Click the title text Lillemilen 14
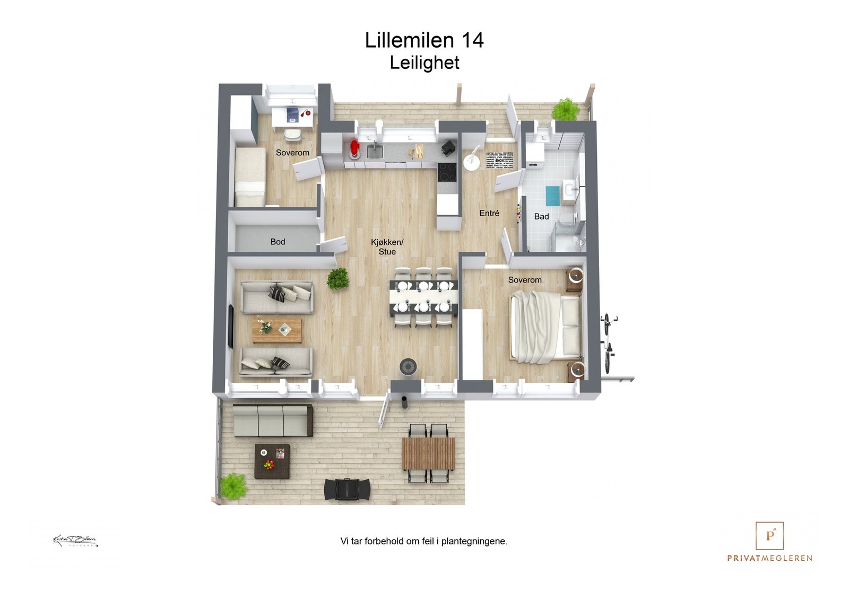(424, 41)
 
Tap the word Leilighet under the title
(424, 63)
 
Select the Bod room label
(278, 242)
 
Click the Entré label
(489, 213)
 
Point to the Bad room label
(541, 216)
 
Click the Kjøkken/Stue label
(387, 247)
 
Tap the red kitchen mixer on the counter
(354, 149)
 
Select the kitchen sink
(374, 152)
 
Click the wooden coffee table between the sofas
(276, 330)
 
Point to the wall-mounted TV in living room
(231, 326)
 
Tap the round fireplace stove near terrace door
(408, 366)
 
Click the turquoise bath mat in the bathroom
(553, 196)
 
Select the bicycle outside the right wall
(608, 342)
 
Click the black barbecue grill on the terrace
(348, 489)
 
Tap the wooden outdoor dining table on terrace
(428, 453)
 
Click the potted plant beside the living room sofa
(337, 278)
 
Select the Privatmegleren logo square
(769, 535)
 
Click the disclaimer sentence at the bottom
(424, 541)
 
